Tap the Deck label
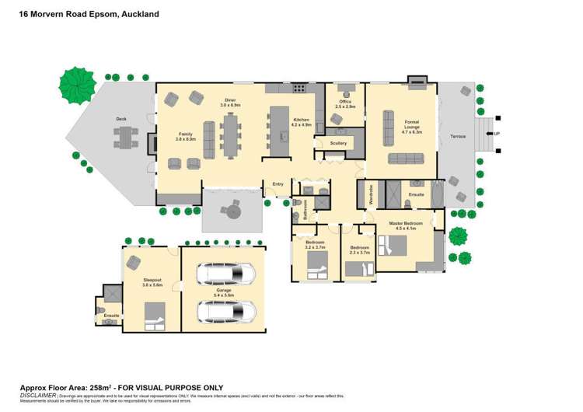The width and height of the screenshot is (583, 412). tap(121, 119)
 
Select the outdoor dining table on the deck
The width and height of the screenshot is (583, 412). tap(125, 138)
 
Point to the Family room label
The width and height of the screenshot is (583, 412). tap(185, 135)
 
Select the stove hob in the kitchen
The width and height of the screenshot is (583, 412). tap(297, 89)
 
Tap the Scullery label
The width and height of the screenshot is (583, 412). tap(338, 143)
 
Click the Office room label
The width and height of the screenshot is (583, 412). tap(345, 102)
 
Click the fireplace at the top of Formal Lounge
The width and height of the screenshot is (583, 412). tap(417, 79)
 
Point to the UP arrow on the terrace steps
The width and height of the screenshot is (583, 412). tap(494, 134)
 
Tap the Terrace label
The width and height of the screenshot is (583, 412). tap(458, 136)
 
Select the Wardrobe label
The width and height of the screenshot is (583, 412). tap(371, 193)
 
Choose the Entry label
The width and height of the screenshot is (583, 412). tap(278, 183)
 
